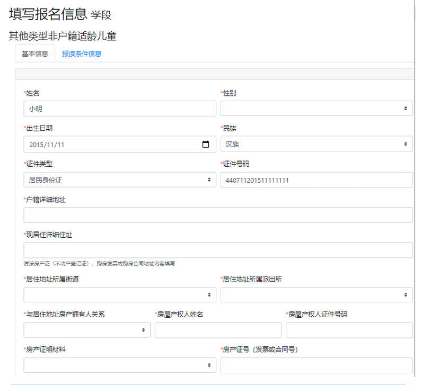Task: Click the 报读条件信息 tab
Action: (x=82, y=54)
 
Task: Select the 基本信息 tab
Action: (x=35, y=54)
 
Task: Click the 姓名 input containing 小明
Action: (x=120, y=109)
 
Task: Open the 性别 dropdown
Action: (x=316, y=109)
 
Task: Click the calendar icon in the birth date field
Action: (x=206, y=145)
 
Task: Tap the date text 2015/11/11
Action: (x=47, y=145)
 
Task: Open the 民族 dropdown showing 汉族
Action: (x=316, y=144)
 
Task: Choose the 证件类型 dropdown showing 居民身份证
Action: (x=120, y=180)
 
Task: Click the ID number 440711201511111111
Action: (x=257, y=180)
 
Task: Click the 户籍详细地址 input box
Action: (x=218, y=215)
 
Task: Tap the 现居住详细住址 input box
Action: (x=218, y=250)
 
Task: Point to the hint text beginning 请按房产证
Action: (x=99, y=264)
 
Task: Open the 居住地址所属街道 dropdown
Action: (x=120, y=294)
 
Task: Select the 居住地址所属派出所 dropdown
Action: (x=316, y=294)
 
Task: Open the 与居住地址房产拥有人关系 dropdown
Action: (x=87, y=330)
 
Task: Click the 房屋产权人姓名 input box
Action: (x=218, y=330)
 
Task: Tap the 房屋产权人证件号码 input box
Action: (x=349, y=330)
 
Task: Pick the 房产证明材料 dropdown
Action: (x=120, y=365)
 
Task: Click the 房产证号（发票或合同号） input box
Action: (x=316, y=365)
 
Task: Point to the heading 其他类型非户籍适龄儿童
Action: (x=63, y=36)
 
